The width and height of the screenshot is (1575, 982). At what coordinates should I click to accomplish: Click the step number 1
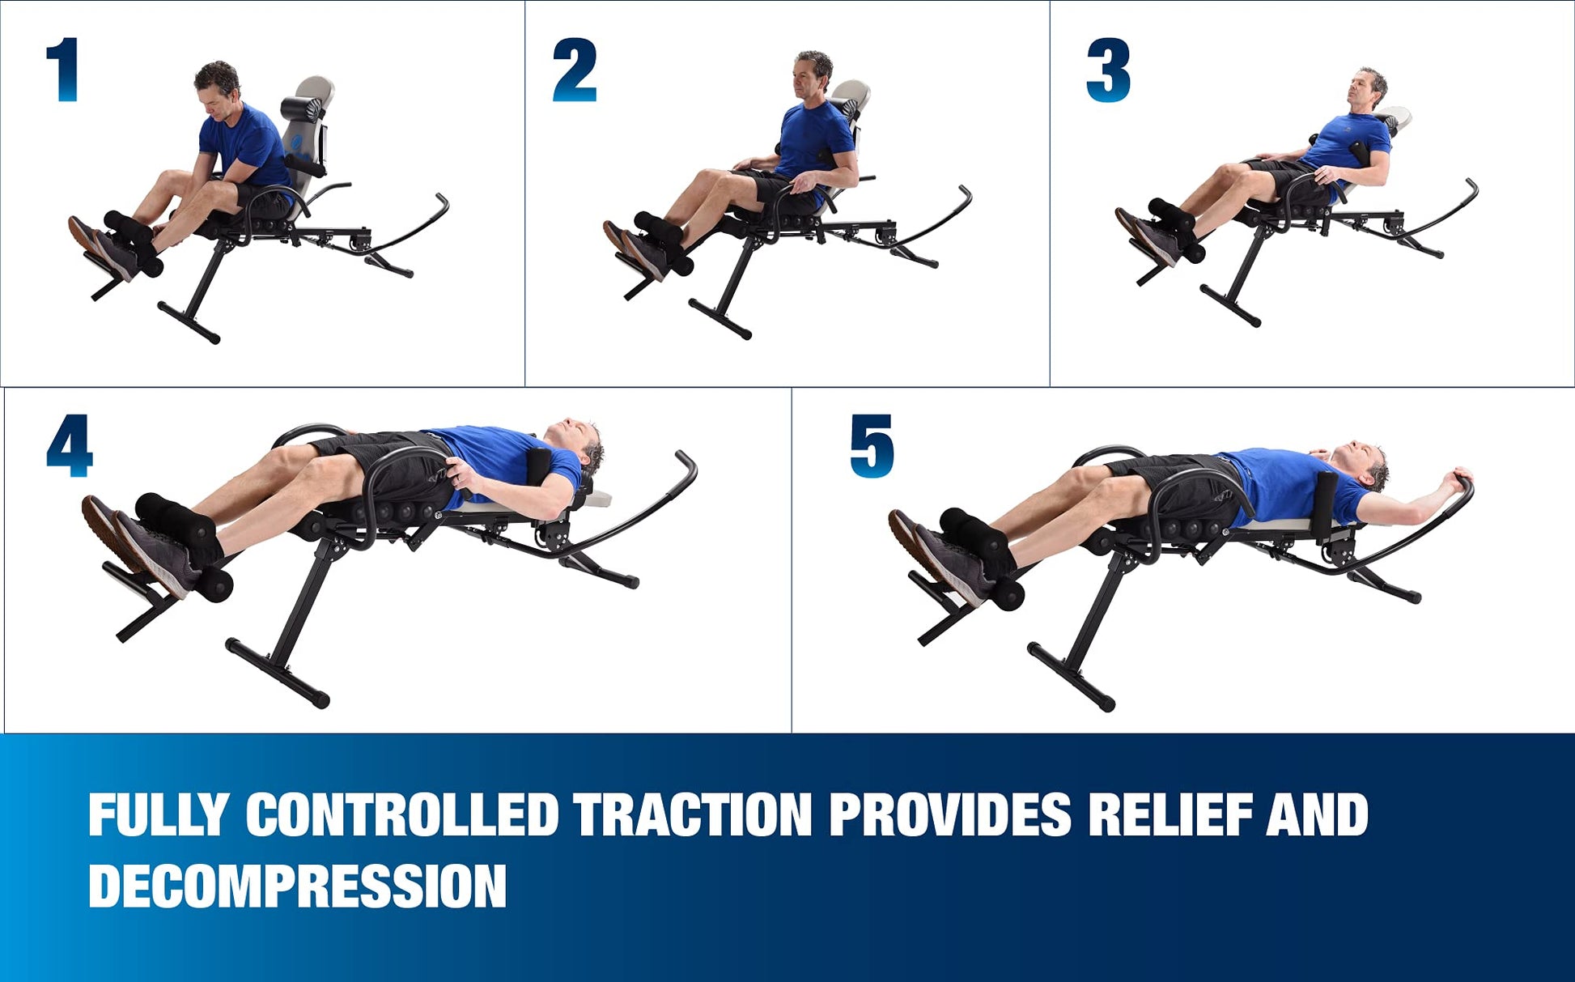coord(63,70)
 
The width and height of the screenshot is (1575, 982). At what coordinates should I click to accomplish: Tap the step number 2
coord(575,70)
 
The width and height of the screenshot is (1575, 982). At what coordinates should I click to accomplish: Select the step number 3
coord(1108,70)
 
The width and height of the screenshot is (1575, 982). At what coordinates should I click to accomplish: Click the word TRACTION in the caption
coord(693,814)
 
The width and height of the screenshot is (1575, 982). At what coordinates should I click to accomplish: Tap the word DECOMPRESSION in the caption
coord(297,886)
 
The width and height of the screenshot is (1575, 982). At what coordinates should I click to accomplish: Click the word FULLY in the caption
coord(159,814)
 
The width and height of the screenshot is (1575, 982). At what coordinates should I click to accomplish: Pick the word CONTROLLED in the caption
coord(402,814)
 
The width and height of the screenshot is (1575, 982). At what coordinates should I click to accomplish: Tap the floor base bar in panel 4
coord(277,673)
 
